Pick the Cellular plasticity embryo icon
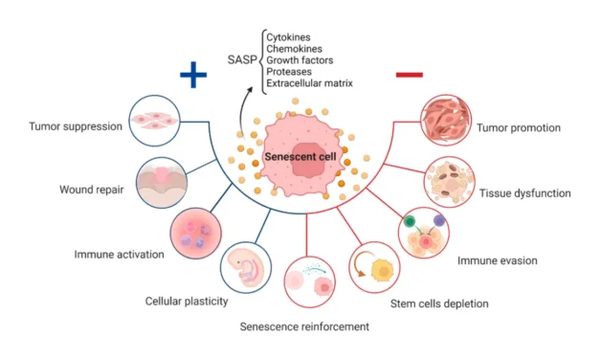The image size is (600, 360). (x=247, y=268)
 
